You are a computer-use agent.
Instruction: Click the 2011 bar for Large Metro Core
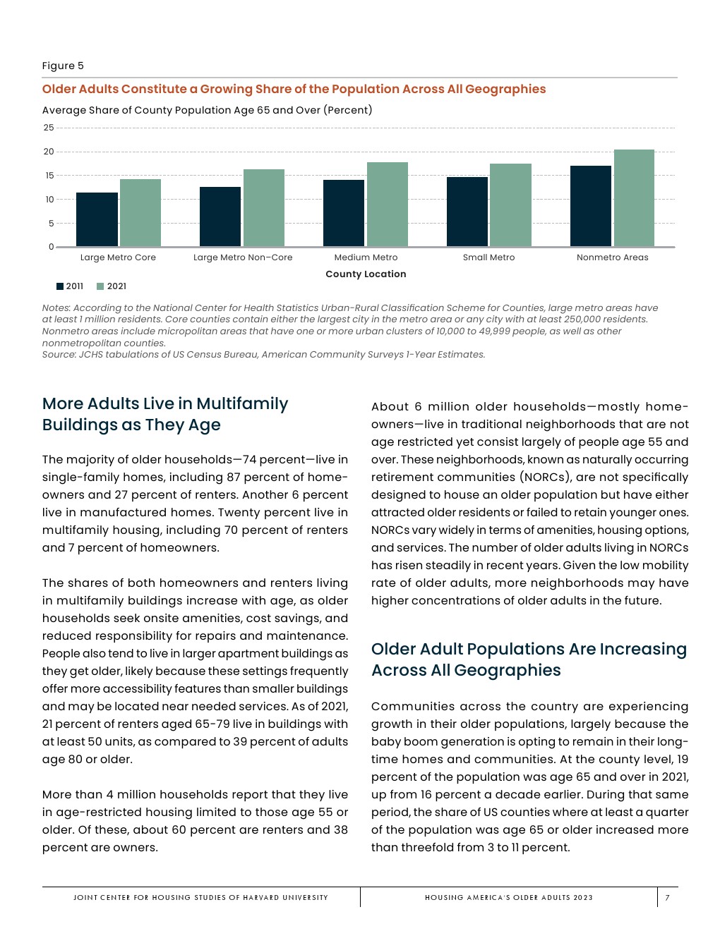pyautogui.click(x=97, y=219)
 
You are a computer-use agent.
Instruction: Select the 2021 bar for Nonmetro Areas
pyautogui.click(x=634, y=198)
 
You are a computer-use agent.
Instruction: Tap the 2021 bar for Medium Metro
pyautogui.click(x=387, y=205)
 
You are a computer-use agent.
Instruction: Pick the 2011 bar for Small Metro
pyautogui.click(x=467, y=212)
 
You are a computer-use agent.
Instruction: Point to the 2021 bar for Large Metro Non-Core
pyautogui.click(x=263, y=208)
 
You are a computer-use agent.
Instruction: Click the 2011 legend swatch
pyautogui.click(x=60, y=286)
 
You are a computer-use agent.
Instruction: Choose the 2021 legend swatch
pyautogui.click(x=100, y=286)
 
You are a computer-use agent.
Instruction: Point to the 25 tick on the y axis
pyautogui.click(x=49, y=128)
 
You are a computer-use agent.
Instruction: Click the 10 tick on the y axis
pyautogui.click(x=49, y=200)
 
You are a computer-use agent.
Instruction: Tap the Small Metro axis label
pyautogui.click(x=488, y=257)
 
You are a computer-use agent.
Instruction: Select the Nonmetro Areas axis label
pyautogui.click(x=612, y=257)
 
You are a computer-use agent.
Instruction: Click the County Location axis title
pyautogui.click(x=366, y=274)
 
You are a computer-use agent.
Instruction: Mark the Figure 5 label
pyautogui.click(x=63, y=66)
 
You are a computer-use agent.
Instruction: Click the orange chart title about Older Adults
pyautogui.click(x=294, y=89)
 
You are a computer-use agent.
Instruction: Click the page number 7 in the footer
pyautogui.click(x=667, y=898)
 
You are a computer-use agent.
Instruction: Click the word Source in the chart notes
pyautogui.click(x=59, y=355)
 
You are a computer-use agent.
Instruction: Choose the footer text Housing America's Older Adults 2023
pyautogui.click(x=508, y=898)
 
